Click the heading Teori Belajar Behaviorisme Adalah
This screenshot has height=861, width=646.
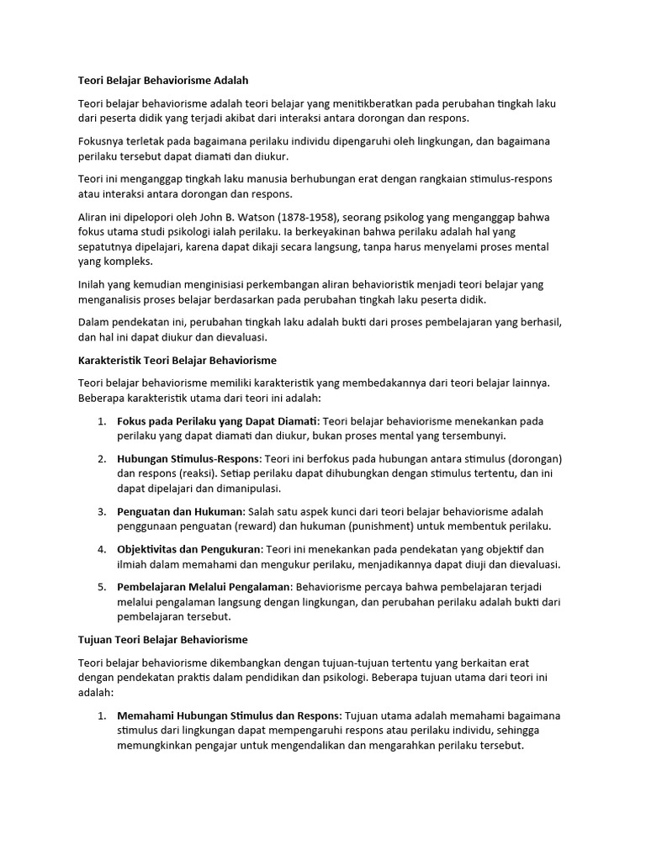pyautogui.click(x=163, y=81)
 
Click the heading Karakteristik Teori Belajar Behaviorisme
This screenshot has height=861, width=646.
pyautogui.click(x=177, y=361)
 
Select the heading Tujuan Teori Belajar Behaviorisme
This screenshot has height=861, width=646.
pyautogui.click(x=163, y=640)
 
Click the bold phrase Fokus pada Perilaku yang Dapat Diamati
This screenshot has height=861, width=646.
pyautogui.click(x=217, y=420)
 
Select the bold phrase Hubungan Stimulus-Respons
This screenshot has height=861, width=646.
pyautogui.click(x=189, y=459)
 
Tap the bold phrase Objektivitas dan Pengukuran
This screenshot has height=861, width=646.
pyautogui.click(x=189, y=550)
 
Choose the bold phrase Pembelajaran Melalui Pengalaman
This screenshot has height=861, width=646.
pyautogui.click(x=204, y=587)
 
